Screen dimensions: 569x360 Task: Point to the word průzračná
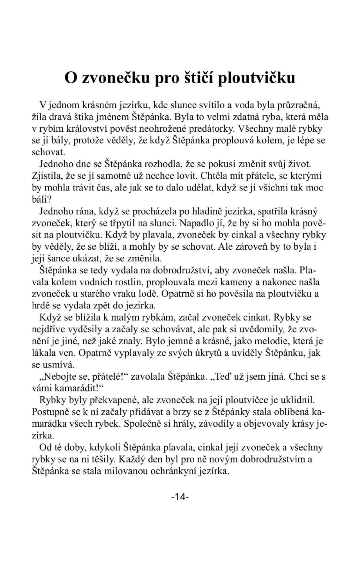tap(299, 105)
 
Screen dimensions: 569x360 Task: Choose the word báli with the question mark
tap(41, 200)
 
